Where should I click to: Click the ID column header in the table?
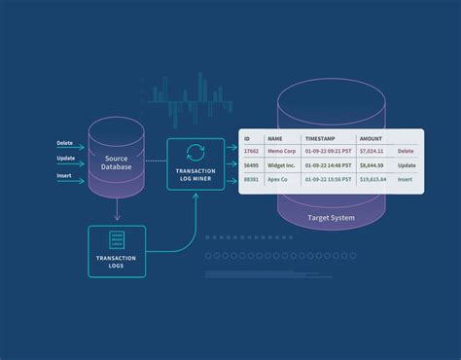pos(248,138)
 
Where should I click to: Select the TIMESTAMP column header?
pos(321,138)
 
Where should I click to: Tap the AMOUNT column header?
pos(371,138)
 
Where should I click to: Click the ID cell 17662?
pos(251,152)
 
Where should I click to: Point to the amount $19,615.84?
pos(373,180)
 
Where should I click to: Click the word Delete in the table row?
pos(406,152)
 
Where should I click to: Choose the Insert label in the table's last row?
pos(406,180)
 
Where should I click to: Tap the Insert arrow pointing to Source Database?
pos(71,179)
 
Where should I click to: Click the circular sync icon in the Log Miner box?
pos(195,151)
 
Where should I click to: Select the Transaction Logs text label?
pos(117,262)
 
